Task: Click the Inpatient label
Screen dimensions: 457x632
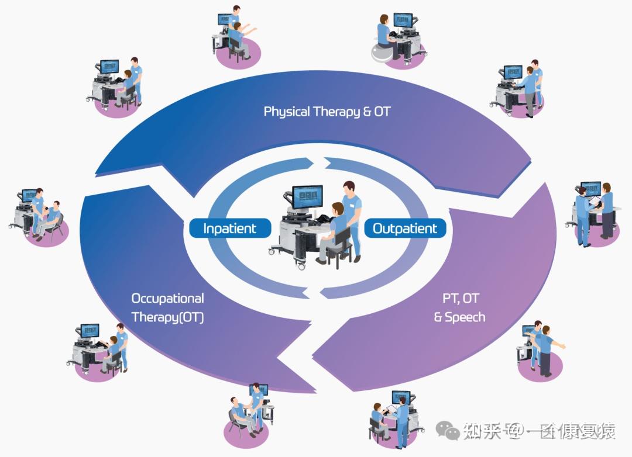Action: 229,228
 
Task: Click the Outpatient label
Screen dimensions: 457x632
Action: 405,228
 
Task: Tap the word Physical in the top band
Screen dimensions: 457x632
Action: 287,111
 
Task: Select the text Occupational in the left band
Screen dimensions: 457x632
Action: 167,299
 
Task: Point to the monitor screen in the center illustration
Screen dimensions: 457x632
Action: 307,195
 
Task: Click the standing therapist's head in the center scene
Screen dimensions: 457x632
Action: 349,189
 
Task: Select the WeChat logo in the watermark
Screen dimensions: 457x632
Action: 452,432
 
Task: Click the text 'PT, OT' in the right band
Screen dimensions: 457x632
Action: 461,299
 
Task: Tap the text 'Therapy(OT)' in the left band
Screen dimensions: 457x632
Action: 167,317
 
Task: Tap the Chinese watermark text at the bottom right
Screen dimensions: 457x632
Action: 538,432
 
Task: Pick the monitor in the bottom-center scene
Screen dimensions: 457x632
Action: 259,390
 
